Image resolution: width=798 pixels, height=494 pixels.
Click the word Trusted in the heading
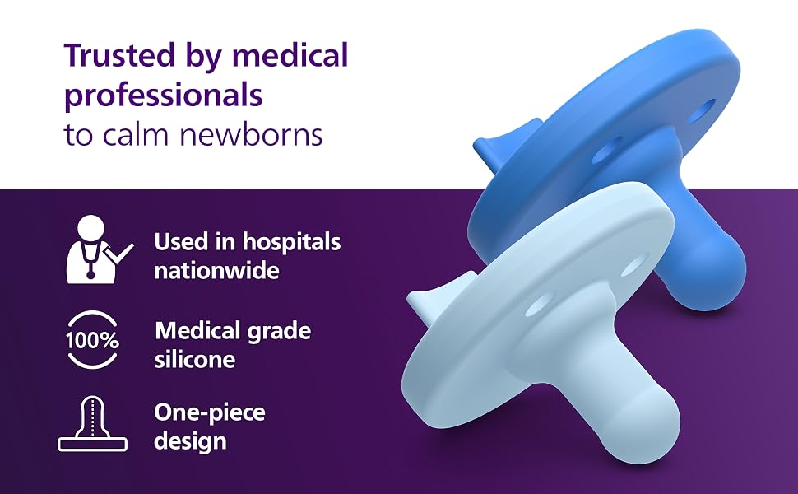coord(119,55)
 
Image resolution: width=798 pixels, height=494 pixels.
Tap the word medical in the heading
coord(290,55)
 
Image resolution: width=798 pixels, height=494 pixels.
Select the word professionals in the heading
coord(164,96)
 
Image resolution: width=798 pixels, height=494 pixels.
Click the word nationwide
coord(217,270)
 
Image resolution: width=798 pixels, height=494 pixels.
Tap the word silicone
coord(195,360)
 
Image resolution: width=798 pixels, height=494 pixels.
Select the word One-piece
coord(209,414)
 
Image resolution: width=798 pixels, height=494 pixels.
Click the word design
coord(190,441)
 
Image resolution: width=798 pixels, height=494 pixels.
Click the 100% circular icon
coord(92,340)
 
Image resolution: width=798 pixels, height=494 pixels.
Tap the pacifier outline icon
coord(92,424)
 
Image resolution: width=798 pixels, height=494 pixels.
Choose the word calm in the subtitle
coord(136,135)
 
